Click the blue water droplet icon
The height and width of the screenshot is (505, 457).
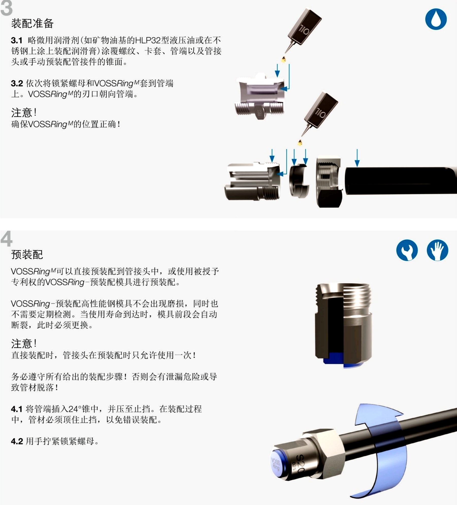tap(436, 19)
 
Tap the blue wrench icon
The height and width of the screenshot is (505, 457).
tap(407, 250)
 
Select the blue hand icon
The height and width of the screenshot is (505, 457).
tap(437, 250)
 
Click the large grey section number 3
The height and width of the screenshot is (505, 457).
tap(6, 8)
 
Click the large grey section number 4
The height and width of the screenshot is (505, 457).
tap(6, 239)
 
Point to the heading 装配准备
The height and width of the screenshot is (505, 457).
tap(32, 23)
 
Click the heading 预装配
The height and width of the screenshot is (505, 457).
tap(27, 255)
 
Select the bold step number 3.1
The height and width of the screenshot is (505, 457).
tap(17, 40)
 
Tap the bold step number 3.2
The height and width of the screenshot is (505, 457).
tap(17, 83)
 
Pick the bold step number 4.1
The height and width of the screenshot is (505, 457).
tap(17, 409)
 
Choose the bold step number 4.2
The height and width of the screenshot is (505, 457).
tap(17, 441)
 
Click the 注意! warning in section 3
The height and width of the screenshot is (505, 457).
tap(24, 112)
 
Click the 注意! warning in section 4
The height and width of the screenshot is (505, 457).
tap(24, 343)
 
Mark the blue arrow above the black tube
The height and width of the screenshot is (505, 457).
tap(357, 158)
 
